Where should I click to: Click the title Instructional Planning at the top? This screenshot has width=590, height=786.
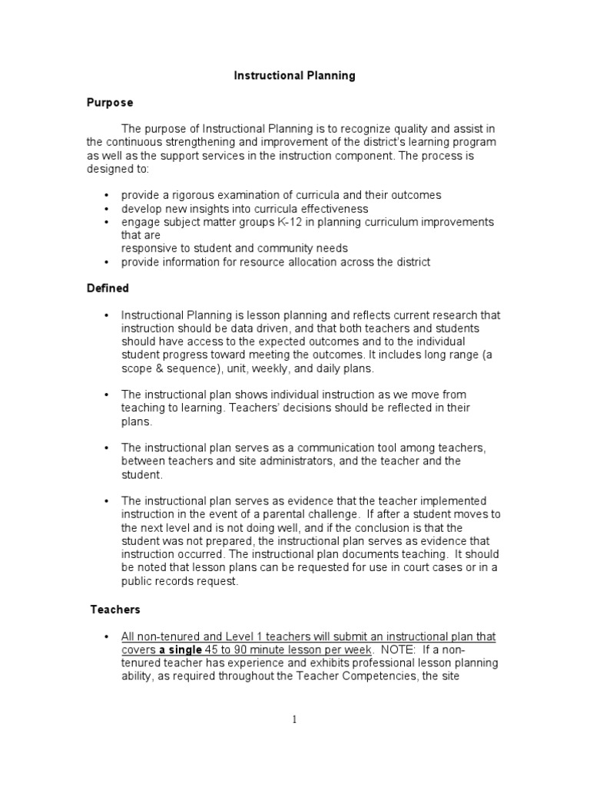[294, 76]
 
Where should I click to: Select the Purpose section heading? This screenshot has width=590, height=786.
[109, 102]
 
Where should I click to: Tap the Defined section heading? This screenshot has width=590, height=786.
[108, 289]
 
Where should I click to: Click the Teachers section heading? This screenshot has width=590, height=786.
[115, 609]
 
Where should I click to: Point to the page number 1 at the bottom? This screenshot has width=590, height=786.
[294, 720]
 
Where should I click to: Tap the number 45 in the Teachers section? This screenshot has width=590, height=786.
[220, 649]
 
